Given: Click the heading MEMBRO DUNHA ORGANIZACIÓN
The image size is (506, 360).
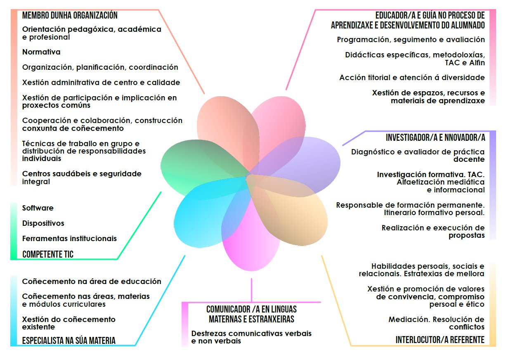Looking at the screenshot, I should tap(70, 16).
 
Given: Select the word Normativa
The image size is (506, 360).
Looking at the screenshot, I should tap(41, 52).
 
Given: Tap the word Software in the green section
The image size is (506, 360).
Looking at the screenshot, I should tap(38, 208).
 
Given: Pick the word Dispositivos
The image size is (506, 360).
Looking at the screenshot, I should tap(43, 223).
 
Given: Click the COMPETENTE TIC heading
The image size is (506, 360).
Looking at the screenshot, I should tap(48, 254).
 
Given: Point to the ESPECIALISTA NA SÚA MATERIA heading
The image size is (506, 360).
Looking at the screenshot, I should tap(69, 341).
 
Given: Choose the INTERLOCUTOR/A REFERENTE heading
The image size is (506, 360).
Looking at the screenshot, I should tap(440, 340).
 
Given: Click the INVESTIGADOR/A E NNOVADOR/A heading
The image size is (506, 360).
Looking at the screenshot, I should tap(435, 137).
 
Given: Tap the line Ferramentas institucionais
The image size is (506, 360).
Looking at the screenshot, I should tap(69, 239).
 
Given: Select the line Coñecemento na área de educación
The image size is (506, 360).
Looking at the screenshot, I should tap(92, 282).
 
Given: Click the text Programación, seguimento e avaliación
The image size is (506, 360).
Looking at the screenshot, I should tap(411, 40).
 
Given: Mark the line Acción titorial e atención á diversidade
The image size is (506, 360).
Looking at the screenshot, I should tap(412, 78).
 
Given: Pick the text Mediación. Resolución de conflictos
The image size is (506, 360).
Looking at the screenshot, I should tap(436, 323).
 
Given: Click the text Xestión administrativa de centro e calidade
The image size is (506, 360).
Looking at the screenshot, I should tap(101, 83).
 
